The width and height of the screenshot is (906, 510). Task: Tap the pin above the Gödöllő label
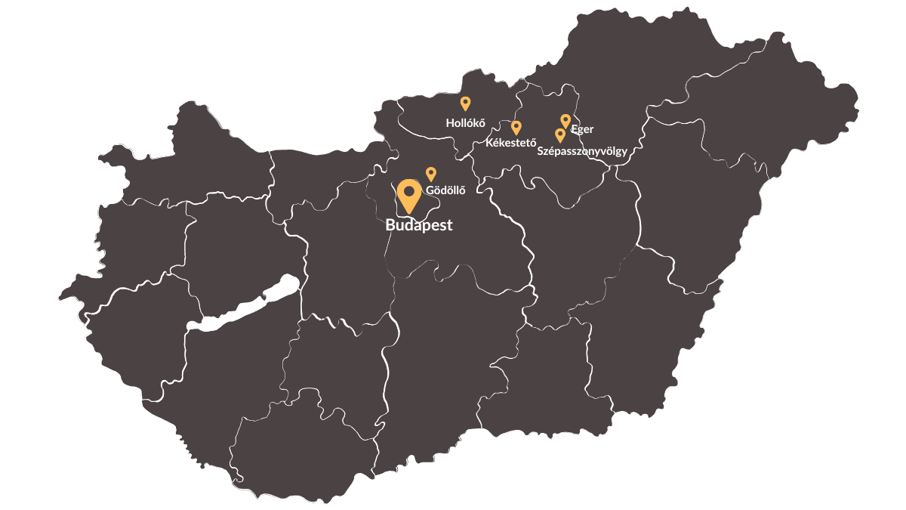coord(431,174)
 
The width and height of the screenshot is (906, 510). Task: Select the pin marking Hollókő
coord(465,104)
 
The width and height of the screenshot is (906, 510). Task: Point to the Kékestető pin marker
coord(516,128)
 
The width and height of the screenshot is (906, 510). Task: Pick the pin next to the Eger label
coord(565,121)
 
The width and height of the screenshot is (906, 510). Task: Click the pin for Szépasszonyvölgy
coord(560,135)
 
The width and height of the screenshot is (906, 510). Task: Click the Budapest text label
coord(418,225)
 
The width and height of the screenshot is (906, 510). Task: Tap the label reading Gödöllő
coord(445,190)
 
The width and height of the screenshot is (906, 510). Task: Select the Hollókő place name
coord(465,122)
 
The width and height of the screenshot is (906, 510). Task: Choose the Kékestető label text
coord(510,142)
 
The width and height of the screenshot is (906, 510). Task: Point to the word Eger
coord(582,129)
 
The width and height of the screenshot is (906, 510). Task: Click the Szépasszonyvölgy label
coord(581,151)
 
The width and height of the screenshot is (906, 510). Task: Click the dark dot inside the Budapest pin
coord(409,191)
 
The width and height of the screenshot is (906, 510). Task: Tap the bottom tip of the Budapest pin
coord(409,213)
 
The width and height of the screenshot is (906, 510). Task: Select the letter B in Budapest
coord(390,225)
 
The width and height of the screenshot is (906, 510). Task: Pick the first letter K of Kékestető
coord(489,142)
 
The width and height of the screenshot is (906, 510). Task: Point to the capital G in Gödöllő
coord(430,190)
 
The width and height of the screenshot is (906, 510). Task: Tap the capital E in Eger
coord(574,129)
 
